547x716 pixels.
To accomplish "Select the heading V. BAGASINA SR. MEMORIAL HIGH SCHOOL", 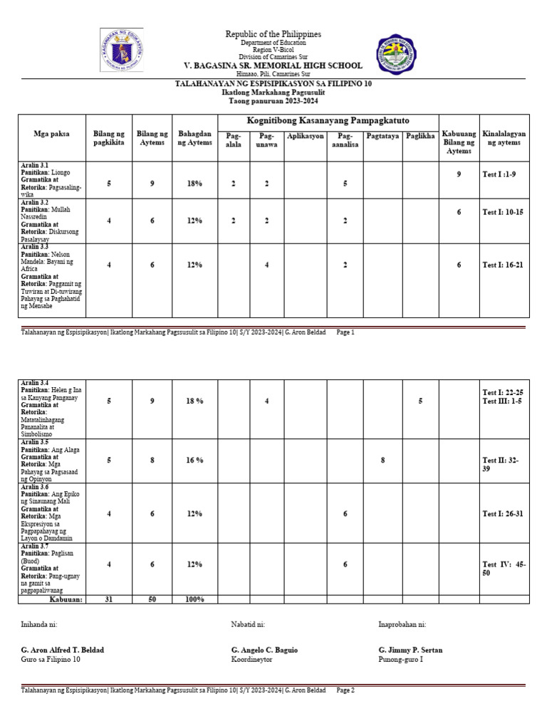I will pyautogui.click(x=274, y=65).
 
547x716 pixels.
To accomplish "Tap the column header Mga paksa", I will pyautogui.click(x=51, y=134).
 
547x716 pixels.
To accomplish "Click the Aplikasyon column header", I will pyautogui.click(x=305, y=135).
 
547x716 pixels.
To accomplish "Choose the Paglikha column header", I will pyautogui.click(x=420, y=135).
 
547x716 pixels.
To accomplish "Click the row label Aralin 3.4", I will pyautogui.click(x=36, y=384).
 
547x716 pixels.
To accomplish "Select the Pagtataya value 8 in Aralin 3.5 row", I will pyautogui.click(x=382, y=460).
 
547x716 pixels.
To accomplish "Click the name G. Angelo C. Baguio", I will pyautogui.click(x=264, y=650).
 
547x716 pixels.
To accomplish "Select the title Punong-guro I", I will pyautogui.click(x=400, y=660).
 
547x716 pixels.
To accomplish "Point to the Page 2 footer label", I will pyautogui.click(x=345, y=690).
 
